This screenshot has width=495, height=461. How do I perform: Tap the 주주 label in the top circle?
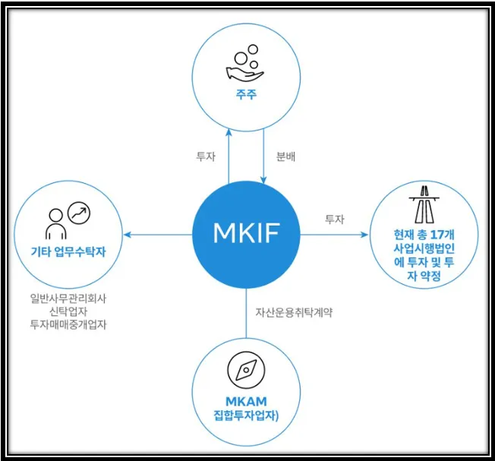[245, 96]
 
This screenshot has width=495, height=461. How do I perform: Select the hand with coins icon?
[244, 65]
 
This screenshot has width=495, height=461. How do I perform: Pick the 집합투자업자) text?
[246, 415]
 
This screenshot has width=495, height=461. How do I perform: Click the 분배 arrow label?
[284, 157]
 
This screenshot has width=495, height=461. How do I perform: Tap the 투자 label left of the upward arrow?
[206, 157]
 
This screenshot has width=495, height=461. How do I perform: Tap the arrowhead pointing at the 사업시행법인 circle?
[364, 235]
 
